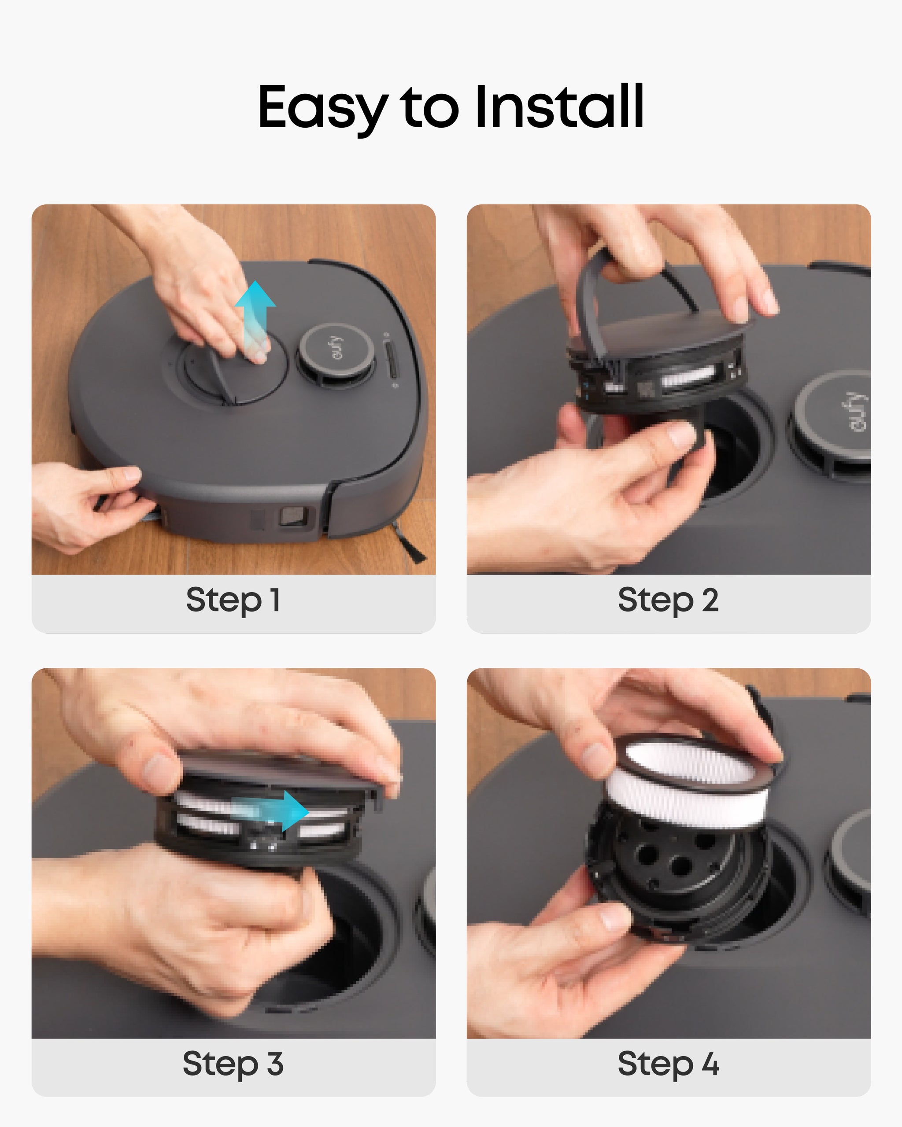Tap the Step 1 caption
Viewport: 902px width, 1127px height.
233,600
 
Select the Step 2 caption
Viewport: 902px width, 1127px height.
668,600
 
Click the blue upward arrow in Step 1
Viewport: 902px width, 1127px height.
255,319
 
